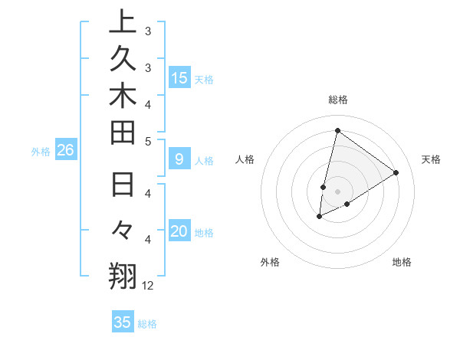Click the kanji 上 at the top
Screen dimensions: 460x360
123,23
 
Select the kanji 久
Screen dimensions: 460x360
123,62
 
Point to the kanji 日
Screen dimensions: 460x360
123,187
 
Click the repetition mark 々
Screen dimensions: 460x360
123,230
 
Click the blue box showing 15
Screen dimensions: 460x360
179,78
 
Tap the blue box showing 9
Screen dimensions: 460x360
179,159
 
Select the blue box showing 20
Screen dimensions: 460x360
179,231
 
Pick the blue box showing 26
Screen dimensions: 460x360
65,151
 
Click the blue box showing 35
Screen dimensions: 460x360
123,322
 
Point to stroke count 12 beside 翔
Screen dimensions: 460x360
148,286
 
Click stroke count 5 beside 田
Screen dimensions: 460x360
148,141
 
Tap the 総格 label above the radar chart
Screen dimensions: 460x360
338,100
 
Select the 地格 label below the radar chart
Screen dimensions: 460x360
402,262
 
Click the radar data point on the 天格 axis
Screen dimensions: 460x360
396,173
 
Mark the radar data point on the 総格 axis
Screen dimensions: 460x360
337,130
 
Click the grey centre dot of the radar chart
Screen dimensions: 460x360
337,191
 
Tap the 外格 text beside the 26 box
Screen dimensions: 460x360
41,152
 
